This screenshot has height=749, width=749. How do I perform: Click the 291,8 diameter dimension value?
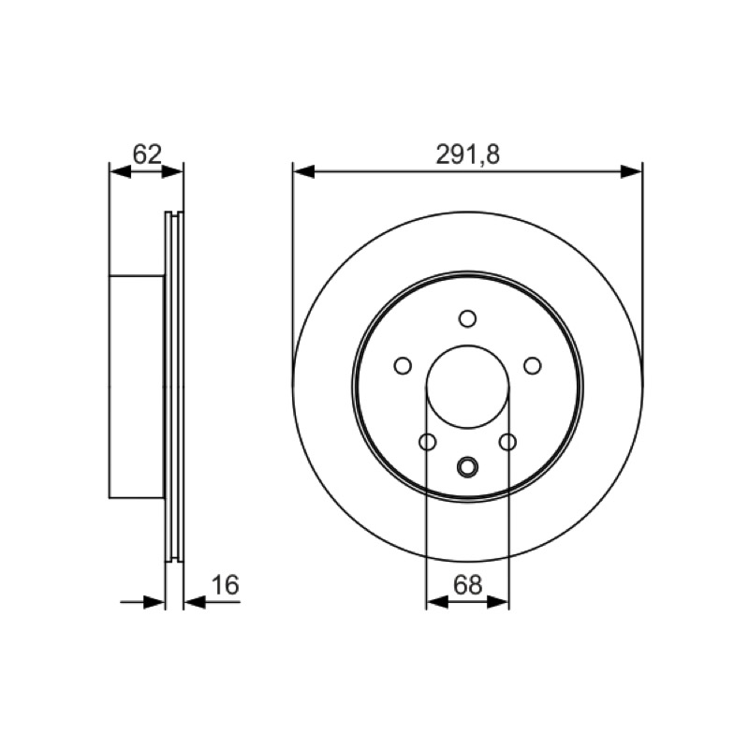(x=467, y=154)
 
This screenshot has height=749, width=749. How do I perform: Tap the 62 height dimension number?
(x=147, y=154)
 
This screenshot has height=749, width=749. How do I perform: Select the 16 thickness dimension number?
(x=225, y=585)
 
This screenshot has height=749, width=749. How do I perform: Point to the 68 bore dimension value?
(x=467, y=585)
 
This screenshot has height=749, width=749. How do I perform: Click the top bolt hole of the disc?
(x=467, y=318)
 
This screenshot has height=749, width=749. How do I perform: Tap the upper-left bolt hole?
(x=403, y=366)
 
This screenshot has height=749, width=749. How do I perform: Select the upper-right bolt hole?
(x=532, y=366)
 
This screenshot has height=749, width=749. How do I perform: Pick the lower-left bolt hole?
(x=428, y=442)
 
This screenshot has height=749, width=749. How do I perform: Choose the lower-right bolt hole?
(x=507, y=442)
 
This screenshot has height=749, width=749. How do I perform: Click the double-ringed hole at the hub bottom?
(x=467, y=466)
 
